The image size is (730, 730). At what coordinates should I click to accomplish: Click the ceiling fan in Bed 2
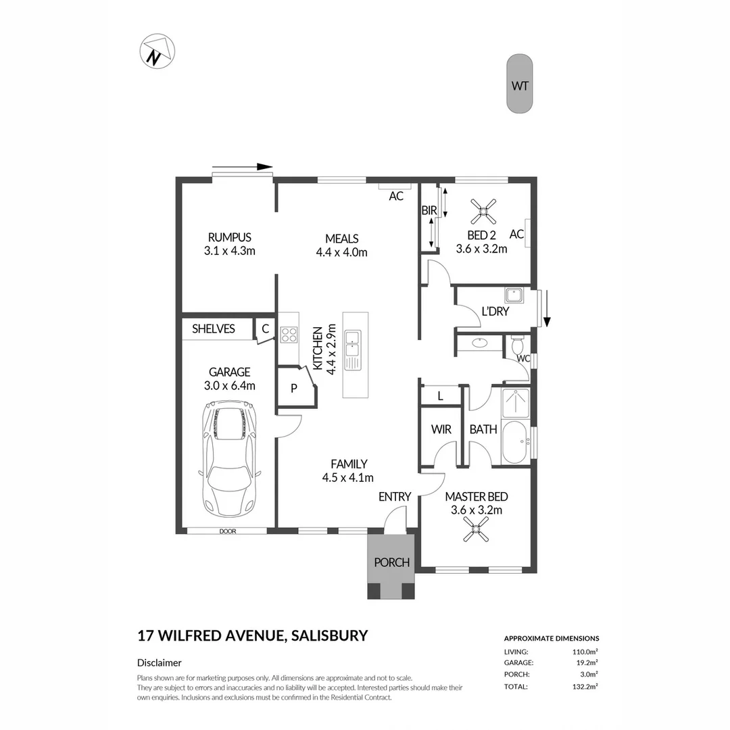483,211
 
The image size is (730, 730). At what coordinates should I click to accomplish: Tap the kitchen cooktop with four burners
289,335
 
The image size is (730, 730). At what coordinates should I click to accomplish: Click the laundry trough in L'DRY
513,296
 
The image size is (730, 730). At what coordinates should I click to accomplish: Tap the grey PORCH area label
391,562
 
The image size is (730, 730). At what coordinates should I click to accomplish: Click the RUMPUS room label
229,244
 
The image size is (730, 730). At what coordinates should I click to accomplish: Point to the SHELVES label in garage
214,329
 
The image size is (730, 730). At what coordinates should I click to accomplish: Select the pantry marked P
294,388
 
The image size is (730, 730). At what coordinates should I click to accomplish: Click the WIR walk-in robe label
441,429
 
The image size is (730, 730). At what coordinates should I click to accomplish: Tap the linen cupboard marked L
440,397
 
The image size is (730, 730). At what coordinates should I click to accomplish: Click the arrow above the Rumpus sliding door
241,167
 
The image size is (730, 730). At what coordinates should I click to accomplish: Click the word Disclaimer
159,663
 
